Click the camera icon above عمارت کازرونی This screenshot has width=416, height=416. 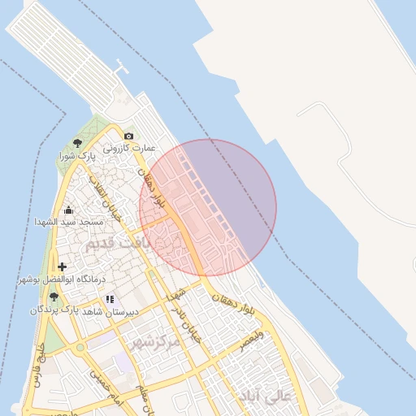tap(128, 136)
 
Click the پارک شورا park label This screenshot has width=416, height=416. tap(77, 154)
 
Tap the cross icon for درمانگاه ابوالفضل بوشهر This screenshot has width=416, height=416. tap(63, 266)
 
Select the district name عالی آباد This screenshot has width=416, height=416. tap(263, 396)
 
